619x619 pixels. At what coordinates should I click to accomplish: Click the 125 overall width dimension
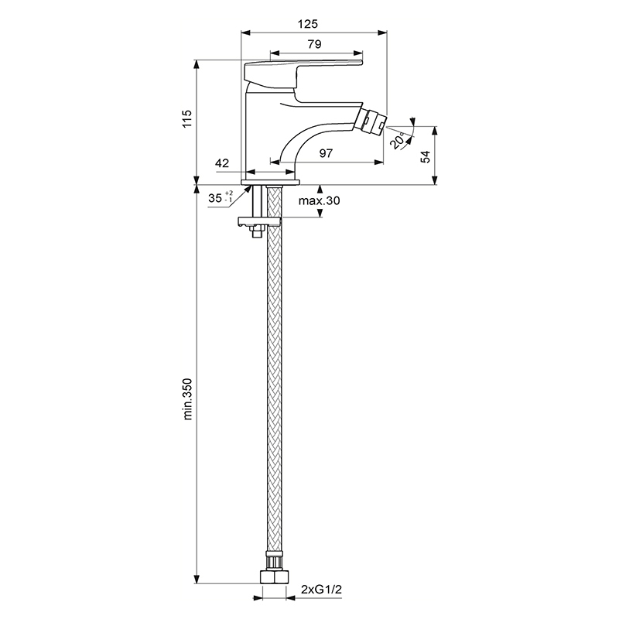coord(307,24)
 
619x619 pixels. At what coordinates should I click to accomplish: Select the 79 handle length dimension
coord(315,44)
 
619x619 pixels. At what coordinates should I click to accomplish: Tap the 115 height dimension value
coord(186,118)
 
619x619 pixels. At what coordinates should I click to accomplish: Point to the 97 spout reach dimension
coord(326,153)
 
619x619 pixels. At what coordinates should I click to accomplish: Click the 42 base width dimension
coord(222,163)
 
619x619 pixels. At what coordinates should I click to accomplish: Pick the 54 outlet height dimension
coord(425,157)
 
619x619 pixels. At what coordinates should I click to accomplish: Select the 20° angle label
coord(398,141)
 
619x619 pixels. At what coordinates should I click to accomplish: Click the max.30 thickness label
coord(319,200)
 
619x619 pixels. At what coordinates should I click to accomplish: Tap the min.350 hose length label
coord(187,398)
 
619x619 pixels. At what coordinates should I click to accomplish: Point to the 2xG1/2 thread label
coord(321,590)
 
